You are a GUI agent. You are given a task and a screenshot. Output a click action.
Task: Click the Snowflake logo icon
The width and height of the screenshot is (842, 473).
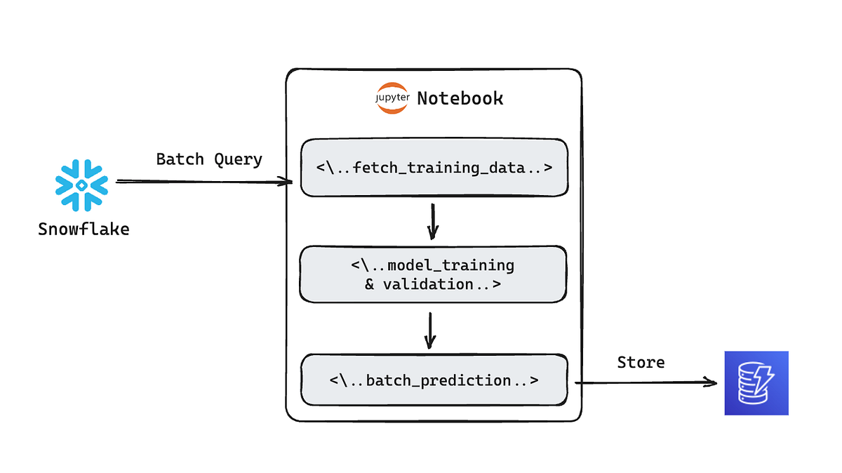click(x=82, y=185)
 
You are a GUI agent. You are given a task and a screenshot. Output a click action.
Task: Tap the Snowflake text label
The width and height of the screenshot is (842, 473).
click(x=83, y=229)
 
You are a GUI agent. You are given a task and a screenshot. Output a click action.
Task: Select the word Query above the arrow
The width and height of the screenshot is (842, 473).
click(x=239, y=159)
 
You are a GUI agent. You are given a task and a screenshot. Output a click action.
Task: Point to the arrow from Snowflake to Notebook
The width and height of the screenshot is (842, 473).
click(x=203, y=182)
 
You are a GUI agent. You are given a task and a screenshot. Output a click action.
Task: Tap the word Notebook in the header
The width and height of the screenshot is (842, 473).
click(x=460, y=98)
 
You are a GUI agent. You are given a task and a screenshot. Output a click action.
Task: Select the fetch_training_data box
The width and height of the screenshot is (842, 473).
click(x=434, y=168)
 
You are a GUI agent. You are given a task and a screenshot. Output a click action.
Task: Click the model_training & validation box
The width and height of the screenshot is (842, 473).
click(x=433, y=274)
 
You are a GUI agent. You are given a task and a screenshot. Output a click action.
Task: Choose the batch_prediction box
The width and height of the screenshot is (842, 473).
click(x=434, y=380)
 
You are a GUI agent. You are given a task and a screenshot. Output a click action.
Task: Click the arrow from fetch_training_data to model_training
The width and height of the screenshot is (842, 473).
click(x=433, y=221)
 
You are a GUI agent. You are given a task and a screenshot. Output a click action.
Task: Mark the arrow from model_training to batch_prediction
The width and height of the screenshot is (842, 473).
click(x=431, y=330)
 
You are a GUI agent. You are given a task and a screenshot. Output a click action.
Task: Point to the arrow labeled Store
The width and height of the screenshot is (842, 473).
click(x=646, y=383)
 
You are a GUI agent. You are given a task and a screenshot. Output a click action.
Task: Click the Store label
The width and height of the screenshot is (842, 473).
click(x=641, y=362)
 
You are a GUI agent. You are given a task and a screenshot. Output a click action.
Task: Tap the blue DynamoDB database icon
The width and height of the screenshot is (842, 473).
click(x=756, y=383)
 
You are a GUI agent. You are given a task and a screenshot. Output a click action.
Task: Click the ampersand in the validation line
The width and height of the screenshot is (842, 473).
click(x=370, y=284)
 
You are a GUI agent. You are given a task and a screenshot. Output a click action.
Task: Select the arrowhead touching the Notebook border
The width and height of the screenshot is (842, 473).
click(x=286, y=182)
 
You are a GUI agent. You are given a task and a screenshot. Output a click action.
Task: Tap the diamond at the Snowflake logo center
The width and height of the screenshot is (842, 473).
click(x=82, y=185)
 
